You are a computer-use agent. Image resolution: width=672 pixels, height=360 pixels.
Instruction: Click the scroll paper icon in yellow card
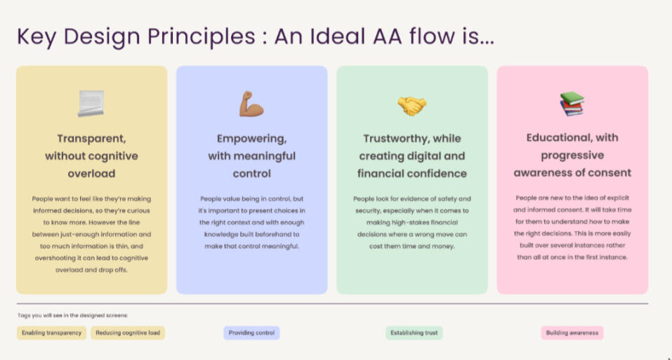(91, 104)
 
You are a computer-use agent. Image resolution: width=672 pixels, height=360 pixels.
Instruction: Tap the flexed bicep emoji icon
(251, 104)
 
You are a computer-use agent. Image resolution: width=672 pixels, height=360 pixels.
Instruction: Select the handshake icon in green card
(411, 105)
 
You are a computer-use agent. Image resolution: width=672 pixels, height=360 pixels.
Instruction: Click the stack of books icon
(572, 105)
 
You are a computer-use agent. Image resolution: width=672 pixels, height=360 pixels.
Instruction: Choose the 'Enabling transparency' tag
(51, 333)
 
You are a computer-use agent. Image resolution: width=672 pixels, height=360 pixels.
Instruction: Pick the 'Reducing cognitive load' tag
(128, 333)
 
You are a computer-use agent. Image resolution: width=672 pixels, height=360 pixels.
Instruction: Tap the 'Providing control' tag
(251, 333)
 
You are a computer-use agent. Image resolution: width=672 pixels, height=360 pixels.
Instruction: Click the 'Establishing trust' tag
(414, 333)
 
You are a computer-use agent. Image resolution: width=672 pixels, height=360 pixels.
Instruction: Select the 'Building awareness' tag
(572, 333)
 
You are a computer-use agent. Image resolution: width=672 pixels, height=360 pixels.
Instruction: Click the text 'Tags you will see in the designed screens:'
(72, 316)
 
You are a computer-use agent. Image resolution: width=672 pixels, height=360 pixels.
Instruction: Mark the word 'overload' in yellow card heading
(91, 173)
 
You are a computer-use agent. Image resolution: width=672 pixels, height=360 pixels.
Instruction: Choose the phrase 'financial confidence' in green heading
(411, 173)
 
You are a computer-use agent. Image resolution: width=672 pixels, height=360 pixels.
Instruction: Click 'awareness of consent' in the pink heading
(572, 173)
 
